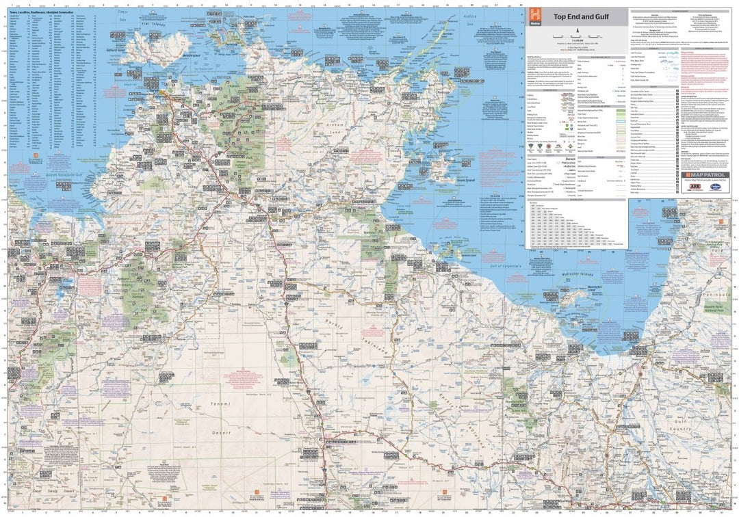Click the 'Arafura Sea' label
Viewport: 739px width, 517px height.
click(467, 21)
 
